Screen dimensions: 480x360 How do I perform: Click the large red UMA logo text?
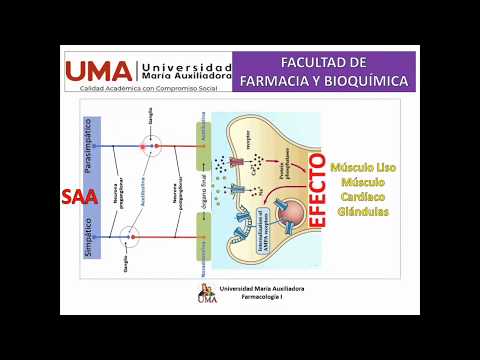[98, 70]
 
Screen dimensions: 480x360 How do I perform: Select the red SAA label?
[77, 197]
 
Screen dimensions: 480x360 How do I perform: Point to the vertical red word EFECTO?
[317, 200]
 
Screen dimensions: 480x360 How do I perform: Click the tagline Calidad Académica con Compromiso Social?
[150, 87]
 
